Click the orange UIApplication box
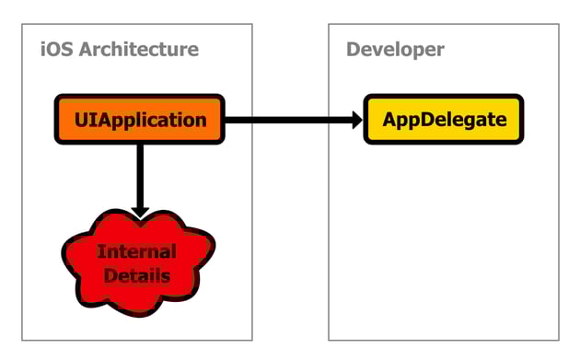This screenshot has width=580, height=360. [x=138, y=120]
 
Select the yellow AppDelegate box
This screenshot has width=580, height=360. [x=444, y=120]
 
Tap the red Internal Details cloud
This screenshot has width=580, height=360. [x=138, y=262]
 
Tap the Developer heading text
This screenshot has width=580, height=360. [x=395, y=50]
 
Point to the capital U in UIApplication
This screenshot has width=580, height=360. [x=80, y=120]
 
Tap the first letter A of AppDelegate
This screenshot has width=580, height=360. [x=389, y=120]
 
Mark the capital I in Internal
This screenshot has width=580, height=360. [x=100, y=251]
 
